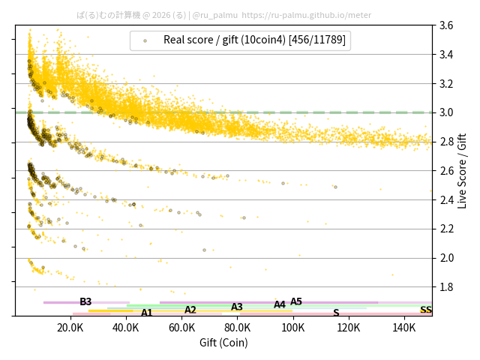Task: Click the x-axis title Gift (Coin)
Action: (x=223, y=343)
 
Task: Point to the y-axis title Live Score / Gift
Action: (x=462, y=170)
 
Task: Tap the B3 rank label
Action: (x=85, y=301)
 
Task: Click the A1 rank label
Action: (x=147, y=313)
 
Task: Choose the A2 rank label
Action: (x=190, y=310)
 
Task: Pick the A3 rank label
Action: (x=237, y=307)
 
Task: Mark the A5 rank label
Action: (x=296, y=301)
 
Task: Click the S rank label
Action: (x=336, y=313)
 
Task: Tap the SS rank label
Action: (x=425, y=310)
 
